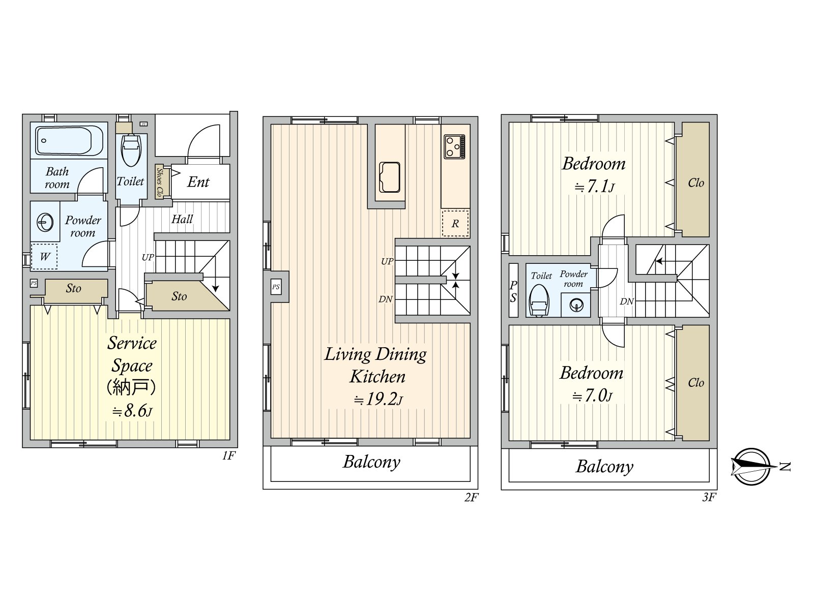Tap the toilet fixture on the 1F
[131, 150]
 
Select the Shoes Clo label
[159, 181]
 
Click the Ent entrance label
[198, 182]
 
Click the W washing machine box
[44, 256]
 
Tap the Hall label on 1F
[182, 219]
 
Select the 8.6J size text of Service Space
[132, 411]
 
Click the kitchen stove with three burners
[454, 147]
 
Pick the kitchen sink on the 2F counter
[389, 177]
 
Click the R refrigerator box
[455, 223]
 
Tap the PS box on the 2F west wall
[276, 287]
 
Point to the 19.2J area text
[378, 399]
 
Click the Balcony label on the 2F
[371, 462]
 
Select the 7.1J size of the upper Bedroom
[594, 186]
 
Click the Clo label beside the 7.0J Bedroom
[695, 383]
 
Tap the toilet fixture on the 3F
[539, 300]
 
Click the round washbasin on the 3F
[576, 305]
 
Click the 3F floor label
[709, 497]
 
